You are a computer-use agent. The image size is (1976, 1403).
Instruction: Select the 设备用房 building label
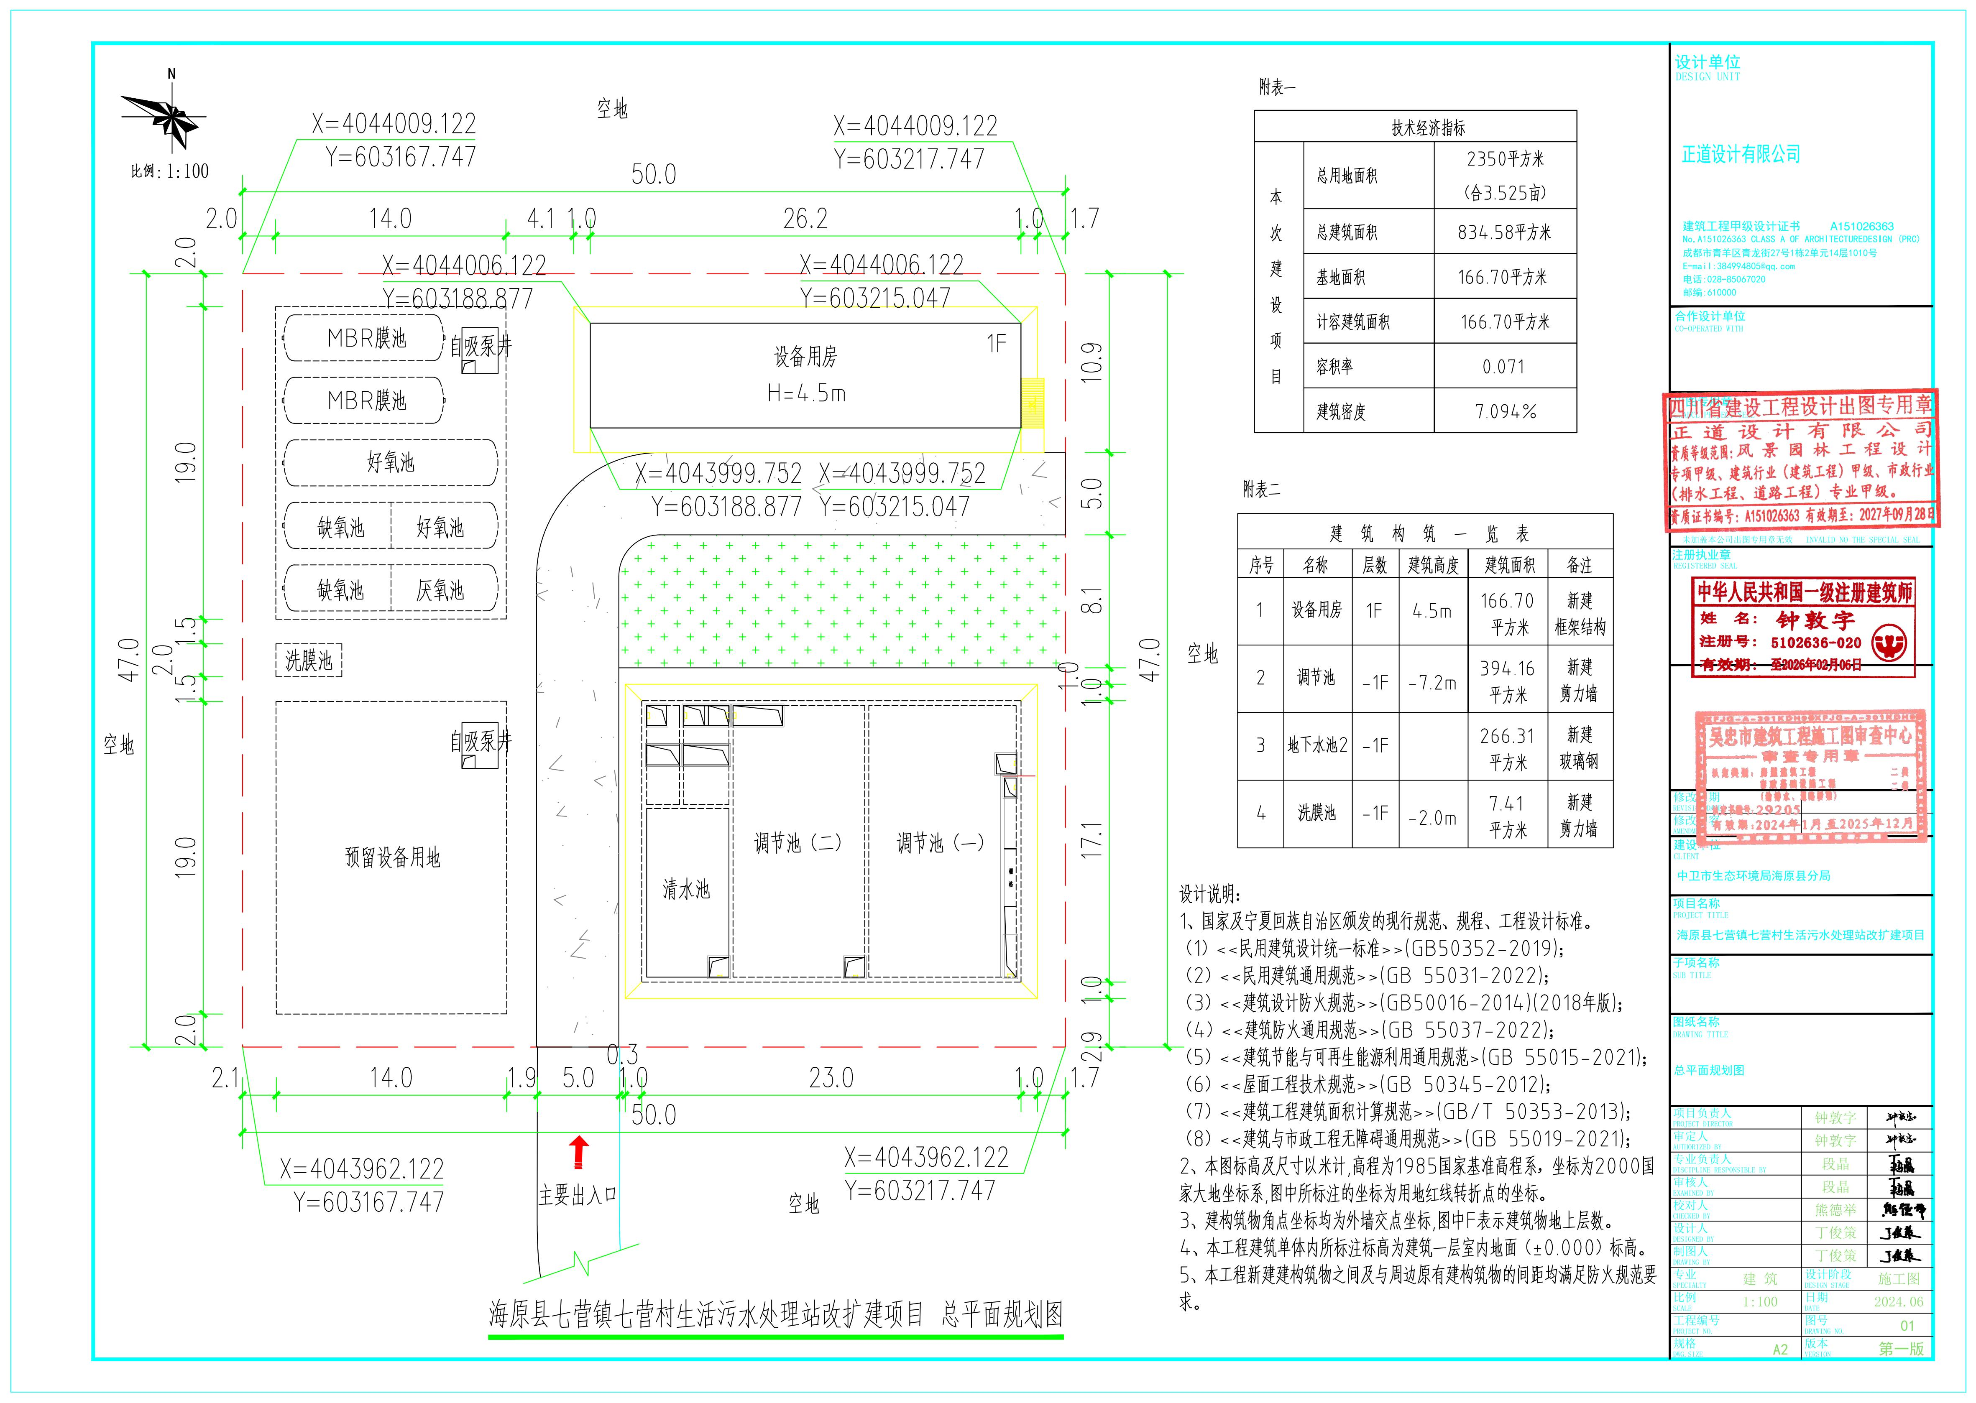(x=805, y=356)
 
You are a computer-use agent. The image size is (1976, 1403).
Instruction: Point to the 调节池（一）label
(x=940, y=842)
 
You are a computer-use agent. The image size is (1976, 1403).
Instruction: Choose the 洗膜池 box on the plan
(x=309, y=661)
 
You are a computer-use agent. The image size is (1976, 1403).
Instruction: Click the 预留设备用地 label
(x=392, y=857)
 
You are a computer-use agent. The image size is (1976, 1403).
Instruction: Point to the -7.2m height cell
(x=1432, y=683)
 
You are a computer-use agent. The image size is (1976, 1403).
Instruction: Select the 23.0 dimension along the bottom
(x=831, y=1078)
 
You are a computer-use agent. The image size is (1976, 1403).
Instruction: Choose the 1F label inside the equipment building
(x=996, y=344)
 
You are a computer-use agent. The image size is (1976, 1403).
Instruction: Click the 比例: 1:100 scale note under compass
(x=170, y=171)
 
